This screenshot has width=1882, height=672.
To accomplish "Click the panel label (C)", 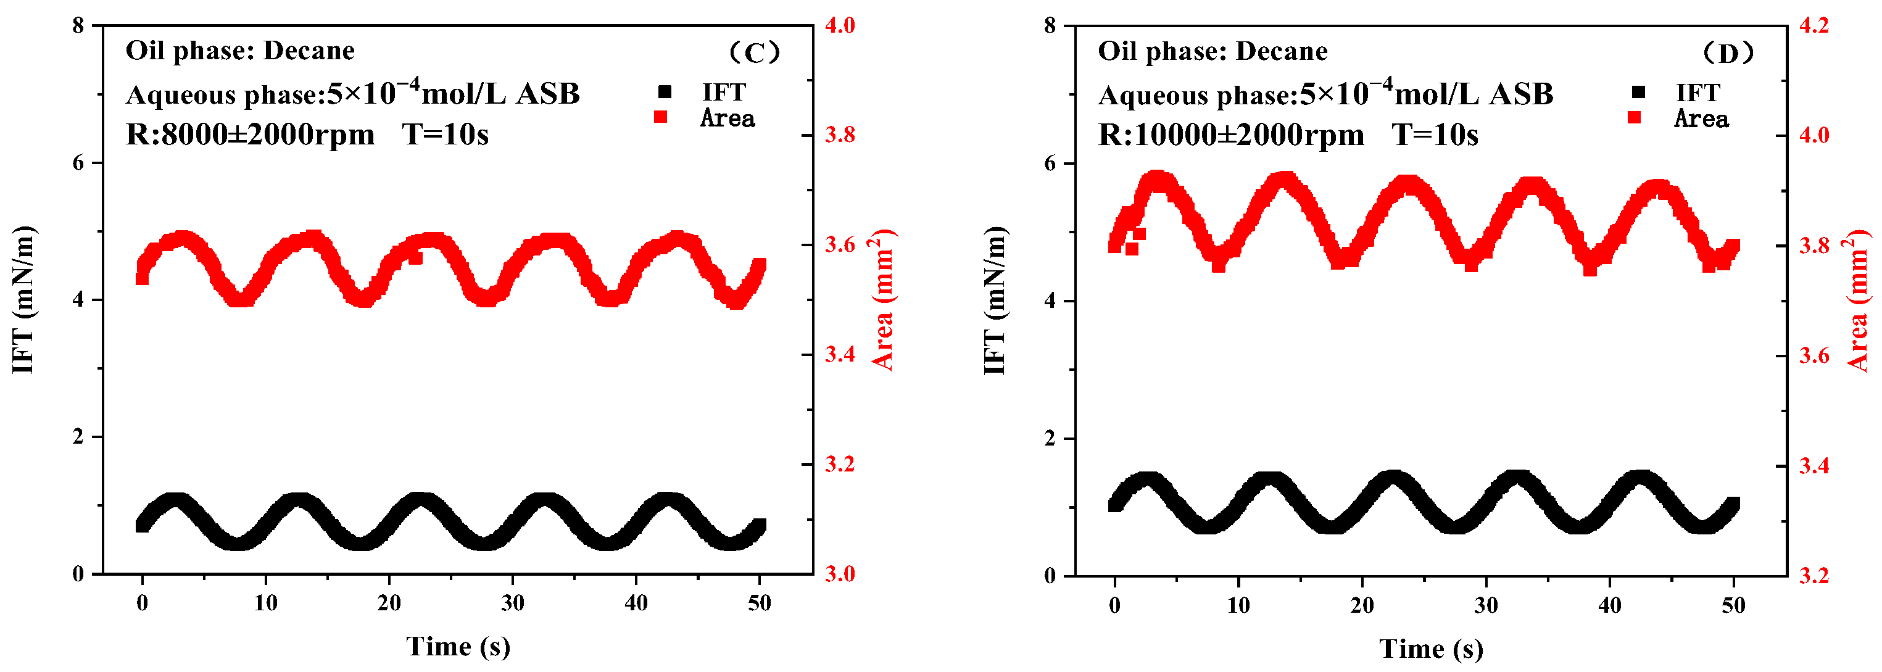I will pyautogui.click(x=755, y=52).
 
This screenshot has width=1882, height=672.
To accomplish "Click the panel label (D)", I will pyautogui.click(x=1728, y=53).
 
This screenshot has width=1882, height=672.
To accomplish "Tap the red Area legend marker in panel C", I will pyautogui.click(x=660, y=117).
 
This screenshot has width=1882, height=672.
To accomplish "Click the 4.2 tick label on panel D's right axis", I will pyautogui.click(x=1814, y=25).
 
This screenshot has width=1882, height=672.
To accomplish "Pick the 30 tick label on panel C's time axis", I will pyautogui.click(x=512, y=604).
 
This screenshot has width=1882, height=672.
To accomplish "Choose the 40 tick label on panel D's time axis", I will pyautogui.click(x=1609, y=605).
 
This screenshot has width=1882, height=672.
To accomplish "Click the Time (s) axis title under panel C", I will pyautogui.click(x=458, y=647).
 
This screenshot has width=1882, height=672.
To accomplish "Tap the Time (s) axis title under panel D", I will pyautogui.click(x=1431, y=649).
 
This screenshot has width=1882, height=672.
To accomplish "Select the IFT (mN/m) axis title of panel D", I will pyautogui.click(x=995, y=300).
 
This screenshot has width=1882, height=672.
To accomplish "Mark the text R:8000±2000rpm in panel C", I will pyautogui.click(x=250, y=135).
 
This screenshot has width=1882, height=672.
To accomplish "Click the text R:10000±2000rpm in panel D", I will pyautogui.click(x=1231, y=136).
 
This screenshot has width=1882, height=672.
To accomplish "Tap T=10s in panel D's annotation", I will pyautogui.click(x=1435, y=136).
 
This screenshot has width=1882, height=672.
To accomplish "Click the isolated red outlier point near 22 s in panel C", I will pyautogui.click(x=416, y=257).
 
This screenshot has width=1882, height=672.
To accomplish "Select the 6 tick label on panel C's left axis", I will pyautogui.click(x=78, y=163).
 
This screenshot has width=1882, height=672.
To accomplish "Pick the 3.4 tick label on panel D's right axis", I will pyautogui.click(x=1814, y=466).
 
